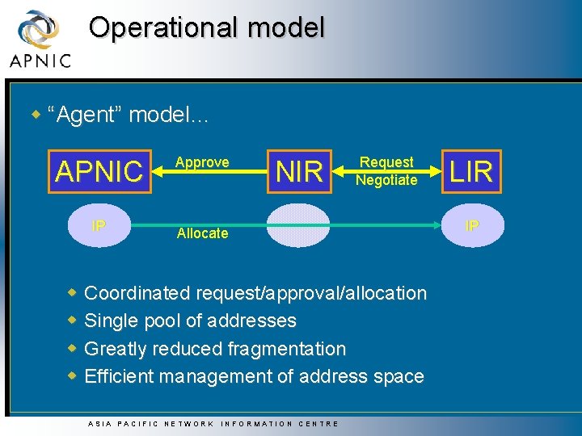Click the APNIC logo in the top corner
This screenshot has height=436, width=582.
40,38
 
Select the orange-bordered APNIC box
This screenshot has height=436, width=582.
99,171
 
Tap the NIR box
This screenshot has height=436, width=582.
299,171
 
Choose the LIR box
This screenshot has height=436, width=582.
471,171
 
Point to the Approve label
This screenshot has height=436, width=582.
202,162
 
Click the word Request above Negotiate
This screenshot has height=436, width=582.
386,162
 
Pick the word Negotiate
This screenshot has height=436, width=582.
386,180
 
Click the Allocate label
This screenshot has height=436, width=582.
202,233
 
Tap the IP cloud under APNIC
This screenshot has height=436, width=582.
99,225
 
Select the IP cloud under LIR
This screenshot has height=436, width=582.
471,225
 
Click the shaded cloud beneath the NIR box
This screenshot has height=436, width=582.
299,225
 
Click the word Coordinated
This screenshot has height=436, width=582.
136,293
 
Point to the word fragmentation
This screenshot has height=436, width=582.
287,349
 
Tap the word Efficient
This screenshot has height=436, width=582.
119,376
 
